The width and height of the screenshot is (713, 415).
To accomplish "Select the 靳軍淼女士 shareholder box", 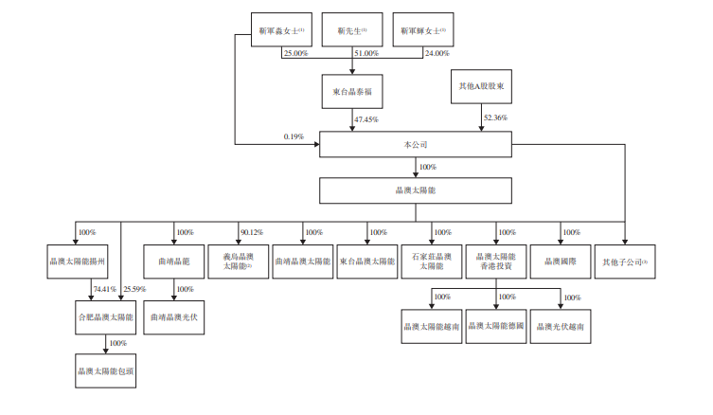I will click(281, 30).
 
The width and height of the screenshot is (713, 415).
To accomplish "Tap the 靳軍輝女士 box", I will click(422, 30).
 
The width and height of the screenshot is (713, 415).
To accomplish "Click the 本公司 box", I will click(416, 145).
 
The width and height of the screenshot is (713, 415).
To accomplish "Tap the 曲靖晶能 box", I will click(173, 260).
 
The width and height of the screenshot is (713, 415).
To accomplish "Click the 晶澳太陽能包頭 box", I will click(105, 370).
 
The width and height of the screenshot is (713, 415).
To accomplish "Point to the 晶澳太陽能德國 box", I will click(497, 325).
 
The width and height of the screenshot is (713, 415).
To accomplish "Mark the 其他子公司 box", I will click(625, 260).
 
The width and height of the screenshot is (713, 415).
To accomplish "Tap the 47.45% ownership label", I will click(365, 120).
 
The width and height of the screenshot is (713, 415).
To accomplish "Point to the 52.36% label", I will click(495, 117).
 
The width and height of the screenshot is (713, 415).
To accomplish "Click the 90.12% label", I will click(252, 232).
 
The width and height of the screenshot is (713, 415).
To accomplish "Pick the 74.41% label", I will click(104, 288).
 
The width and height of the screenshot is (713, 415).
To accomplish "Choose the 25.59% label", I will click(134, 288).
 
